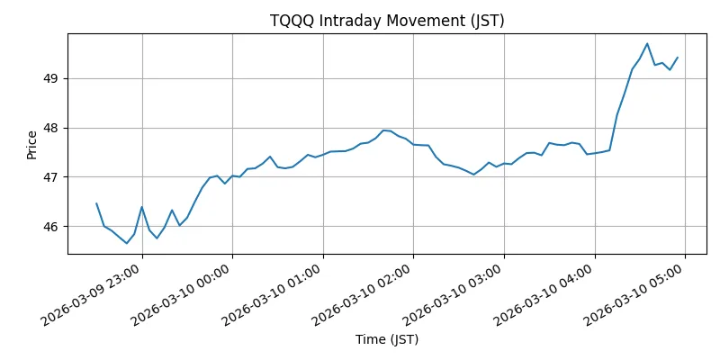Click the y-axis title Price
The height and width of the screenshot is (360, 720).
coord(32,144)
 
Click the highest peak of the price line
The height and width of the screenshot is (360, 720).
coord(647,43)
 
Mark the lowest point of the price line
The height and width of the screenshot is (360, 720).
coord(127,243)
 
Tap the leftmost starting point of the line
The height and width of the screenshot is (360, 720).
coord(96,203)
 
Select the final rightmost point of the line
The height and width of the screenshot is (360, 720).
coord(678,58)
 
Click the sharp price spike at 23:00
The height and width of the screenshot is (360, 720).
coord(141,207)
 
